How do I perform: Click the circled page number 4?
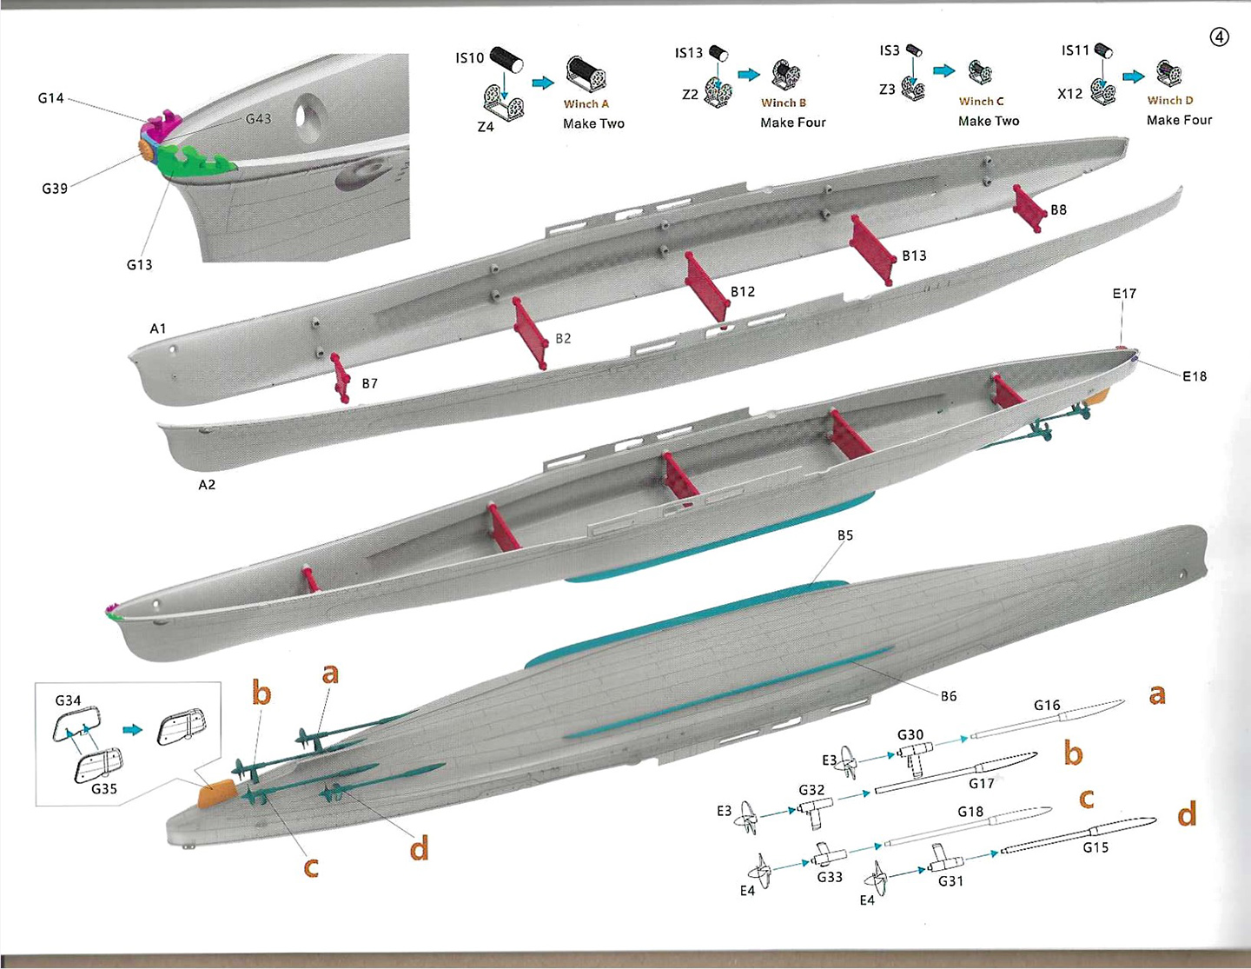1220,37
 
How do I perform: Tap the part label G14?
51,98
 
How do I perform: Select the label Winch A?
586,104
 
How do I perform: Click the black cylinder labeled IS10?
506,60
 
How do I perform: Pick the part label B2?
563,338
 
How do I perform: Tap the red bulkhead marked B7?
341,379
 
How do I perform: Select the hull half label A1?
157,329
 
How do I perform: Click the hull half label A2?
207,484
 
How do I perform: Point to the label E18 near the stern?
1195,376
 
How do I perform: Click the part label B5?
845,535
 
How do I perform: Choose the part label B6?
949,695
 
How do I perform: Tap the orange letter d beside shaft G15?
1187,814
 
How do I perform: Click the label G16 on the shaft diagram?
1047,705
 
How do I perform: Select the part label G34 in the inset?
68,700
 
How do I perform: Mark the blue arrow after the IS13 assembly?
749,75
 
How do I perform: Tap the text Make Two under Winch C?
989,122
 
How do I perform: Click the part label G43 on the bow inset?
258,118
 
